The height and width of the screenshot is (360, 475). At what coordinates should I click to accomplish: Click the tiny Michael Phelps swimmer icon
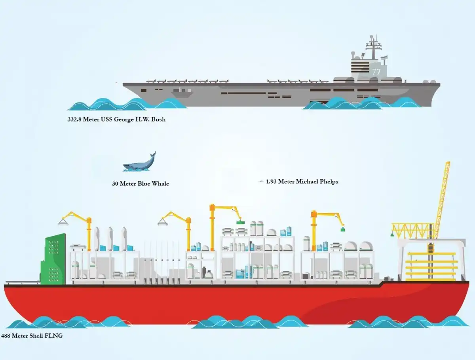(x=261, y=182)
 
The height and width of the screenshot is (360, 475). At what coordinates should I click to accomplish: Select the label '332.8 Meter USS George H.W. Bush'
(x=116, y=119)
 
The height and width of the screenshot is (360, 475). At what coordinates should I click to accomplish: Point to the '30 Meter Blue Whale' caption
(x=141, y=184)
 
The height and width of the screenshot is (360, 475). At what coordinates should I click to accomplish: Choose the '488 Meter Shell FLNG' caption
(x=32, y=336)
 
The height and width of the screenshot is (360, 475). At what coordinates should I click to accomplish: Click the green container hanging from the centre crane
(x=240, y=222)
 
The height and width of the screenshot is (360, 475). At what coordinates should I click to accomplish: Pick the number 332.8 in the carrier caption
(x=76, y=119)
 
